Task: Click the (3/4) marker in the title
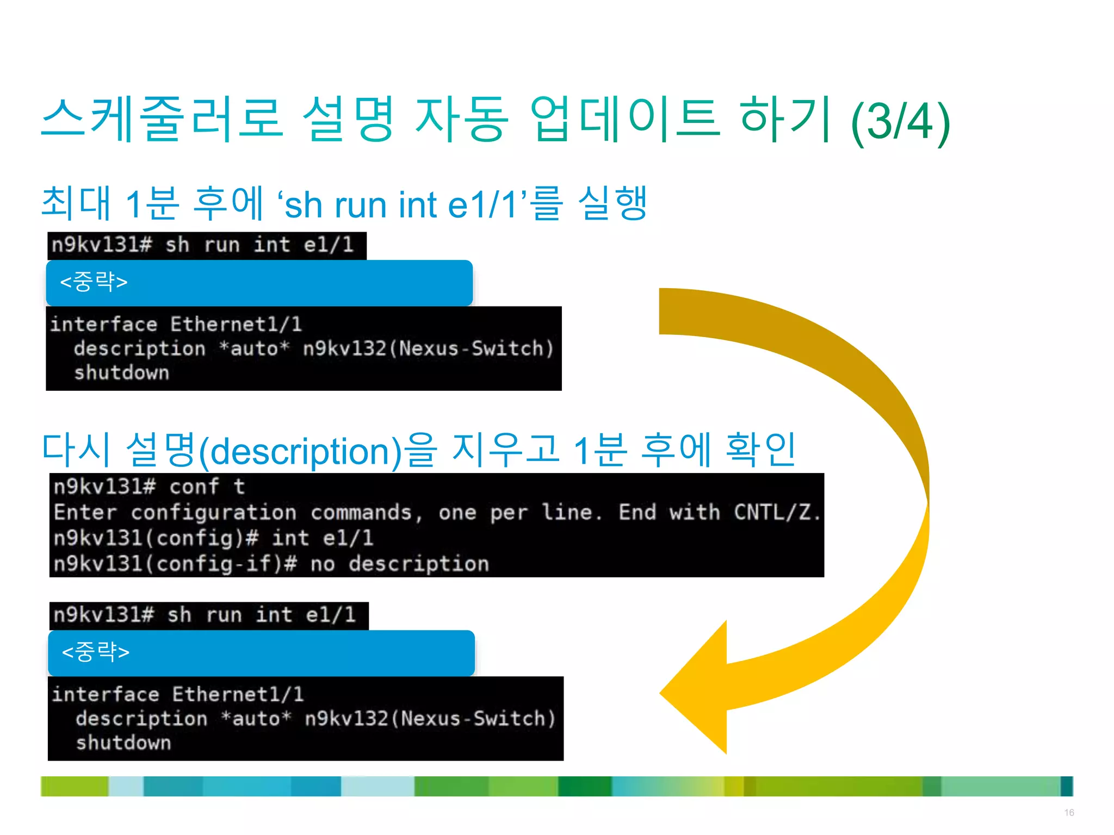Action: (x=900, y=122)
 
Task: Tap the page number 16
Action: (x=1069, y=813)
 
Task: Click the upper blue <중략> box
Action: (x=259, y=283)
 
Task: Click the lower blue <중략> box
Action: (x=261, y=652)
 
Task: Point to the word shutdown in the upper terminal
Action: (x=122, y=373)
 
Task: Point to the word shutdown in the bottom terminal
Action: (x=123, y=743)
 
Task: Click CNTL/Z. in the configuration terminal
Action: (x=777, y=512)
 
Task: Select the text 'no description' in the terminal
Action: (x=400, y=564)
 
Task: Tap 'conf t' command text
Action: (x=207, y=487)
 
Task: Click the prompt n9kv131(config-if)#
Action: (x=175, y=564)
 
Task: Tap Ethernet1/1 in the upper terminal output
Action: (x=236, y=325)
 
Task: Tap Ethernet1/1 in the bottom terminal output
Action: (x=238, y=695)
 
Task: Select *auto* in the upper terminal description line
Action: (x=255, y=348)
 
